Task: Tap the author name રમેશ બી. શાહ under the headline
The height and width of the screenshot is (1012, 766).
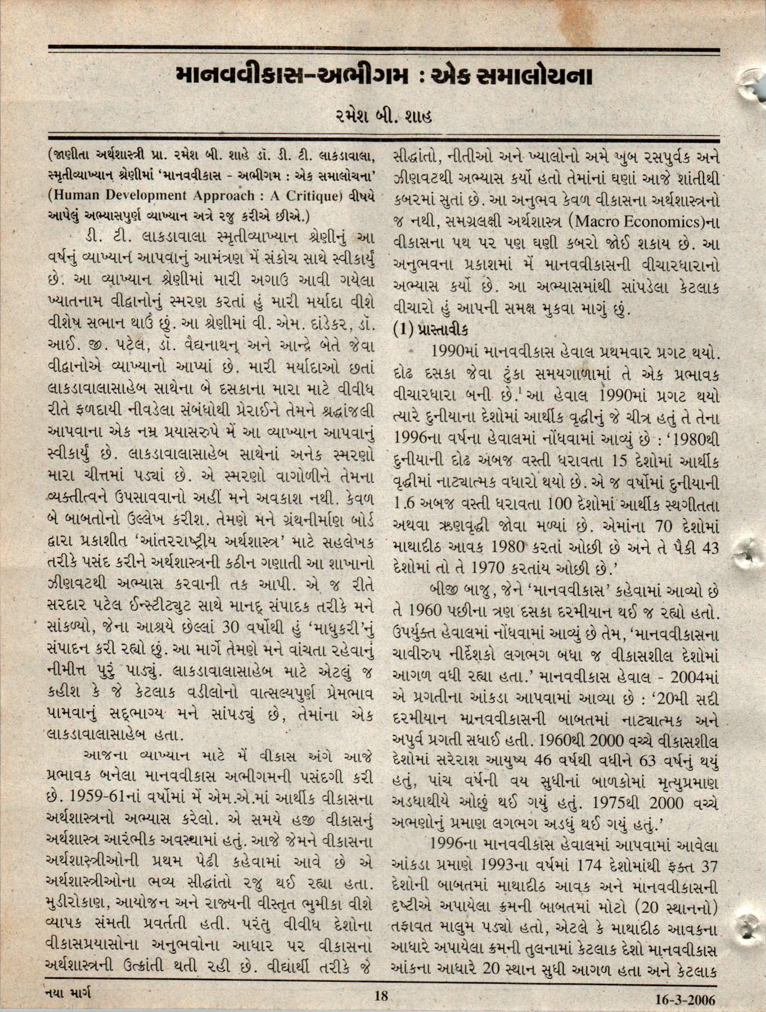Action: (383, 118)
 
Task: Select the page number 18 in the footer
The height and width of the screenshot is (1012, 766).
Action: (381, 996)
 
